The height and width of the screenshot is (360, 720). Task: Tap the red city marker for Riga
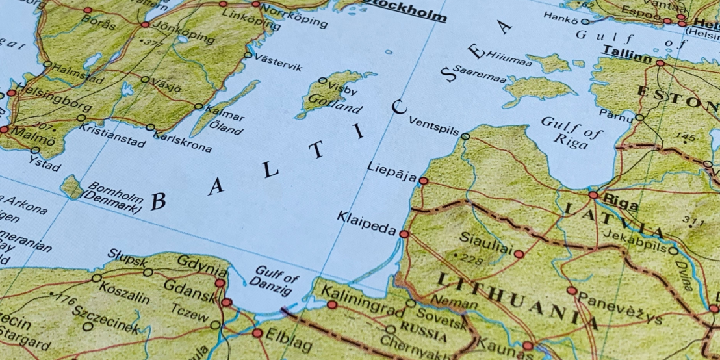[x=593, y=194]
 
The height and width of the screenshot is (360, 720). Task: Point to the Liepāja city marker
[x=423, y=181]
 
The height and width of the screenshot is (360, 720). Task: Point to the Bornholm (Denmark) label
[x=114, y=198]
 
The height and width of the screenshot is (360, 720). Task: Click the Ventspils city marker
[x=465, y=136]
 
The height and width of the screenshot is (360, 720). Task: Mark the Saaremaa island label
[x=479, y=73]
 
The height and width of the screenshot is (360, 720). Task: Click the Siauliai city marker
[x=519, y=254]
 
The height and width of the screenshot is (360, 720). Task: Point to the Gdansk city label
[x=188, y=289]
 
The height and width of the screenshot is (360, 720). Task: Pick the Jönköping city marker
[x=144, y=25]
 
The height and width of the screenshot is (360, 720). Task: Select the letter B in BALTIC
[x=158, y=201]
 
